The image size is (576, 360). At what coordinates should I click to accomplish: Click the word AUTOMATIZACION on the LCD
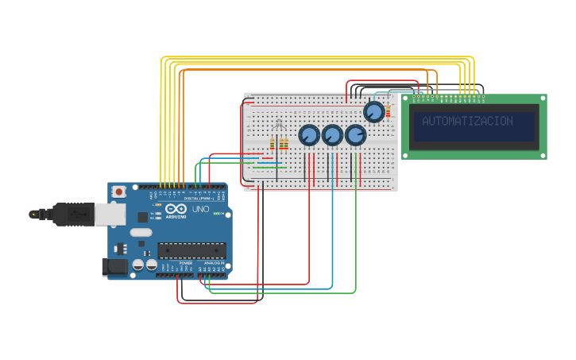(x=467, y=122)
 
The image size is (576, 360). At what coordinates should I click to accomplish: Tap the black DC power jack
(x=115, y=267)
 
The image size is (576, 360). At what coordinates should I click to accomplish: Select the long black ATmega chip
(x=191, y=250)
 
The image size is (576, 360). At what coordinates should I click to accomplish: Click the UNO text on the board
(x=200, y=209)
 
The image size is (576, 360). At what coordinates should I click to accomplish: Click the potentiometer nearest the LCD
(x=373, y=111)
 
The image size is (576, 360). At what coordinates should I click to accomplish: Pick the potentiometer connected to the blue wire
(x=332, y=135)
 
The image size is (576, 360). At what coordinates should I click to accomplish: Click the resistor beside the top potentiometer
(x=388, y=110)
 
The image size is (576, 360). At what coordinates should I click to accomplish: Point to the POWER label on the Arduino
(x=185, y=263)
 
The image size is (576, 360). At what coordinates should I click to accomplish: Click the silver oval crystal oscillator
(x=141, y=232)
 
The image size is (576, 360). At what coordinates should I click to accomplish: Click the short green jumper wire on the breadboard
(x=269, y=167)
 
